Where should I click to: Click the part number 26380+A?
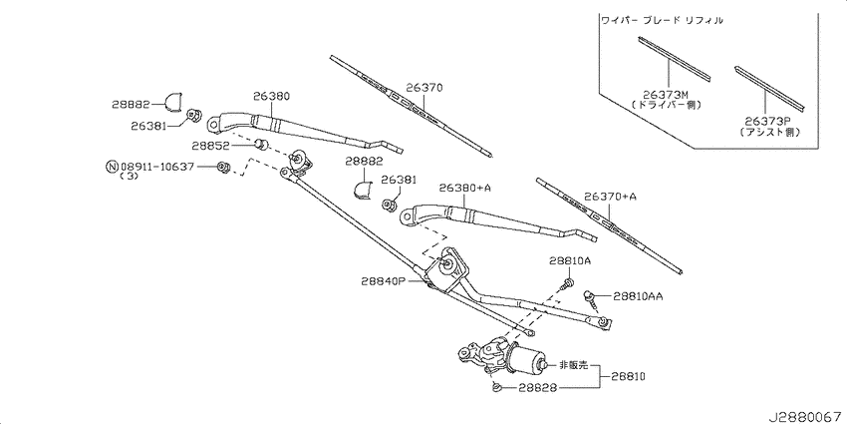464,188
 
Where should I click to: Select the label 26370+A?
610,197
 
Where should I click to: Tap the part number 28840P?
384,282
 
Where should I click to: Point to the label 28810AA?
640,295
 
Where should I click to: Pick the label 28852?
211,146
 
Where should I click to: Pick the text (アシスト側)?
771,132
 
